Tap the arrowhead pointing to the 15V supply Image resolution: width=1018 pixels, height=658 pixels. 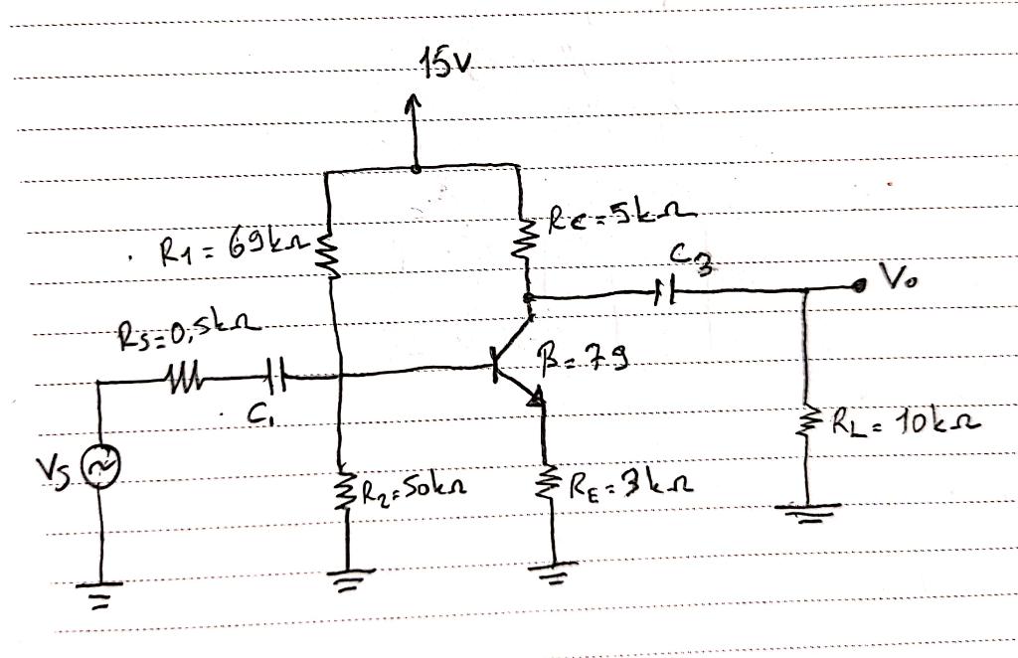coord(415,103)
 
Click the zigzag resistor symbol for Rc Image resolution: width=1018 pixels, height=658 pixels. coord(521,240)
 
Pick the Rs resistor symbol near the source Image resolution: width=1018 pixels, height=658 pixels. coord(185,380)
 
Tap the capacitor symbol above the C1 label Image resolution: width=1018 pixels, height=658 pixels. coord(277,378)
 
